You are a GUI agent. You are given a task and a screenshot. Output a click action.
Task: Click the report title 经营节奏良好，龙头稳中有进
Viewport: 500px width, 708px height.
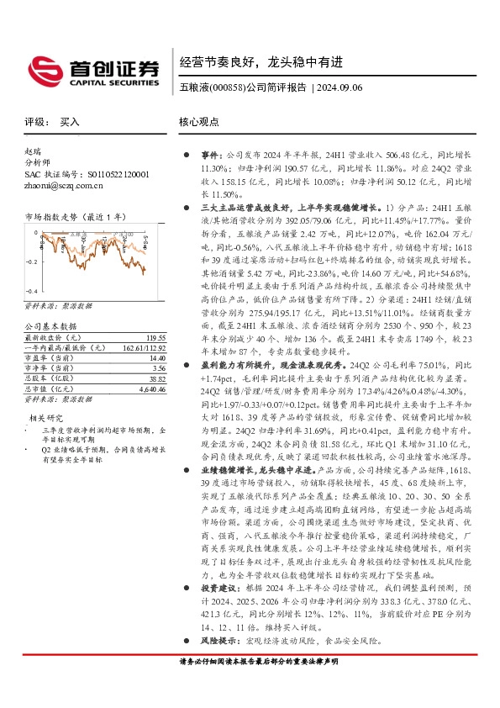coord(261,61)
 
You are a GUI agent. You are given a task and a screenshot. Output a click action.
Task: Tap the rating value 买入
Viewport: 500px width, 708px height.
coord(71,121)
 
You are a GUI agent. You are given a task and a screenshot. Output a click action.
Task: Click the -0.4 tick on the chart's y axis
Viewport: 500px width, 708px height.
coord(31,290)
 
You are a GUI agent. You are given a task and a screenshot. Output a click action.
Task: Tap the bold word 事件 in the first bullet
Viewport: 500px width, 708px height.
coord(209,156)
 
